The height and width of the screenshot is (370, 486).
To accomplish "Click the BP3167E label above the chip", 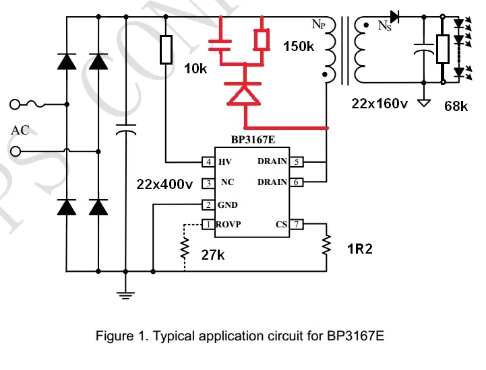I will [252, 140].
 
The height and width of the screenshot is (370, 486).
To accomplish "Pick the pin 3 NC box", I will [208, 183].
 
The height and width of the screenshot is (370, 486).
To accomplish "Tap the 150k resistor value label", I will [298, 47].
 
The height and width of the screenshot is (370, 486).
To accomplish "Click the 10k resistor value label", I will [196, 69].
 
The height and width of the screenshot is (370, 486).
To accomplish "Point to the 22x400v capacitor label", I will [164, 184].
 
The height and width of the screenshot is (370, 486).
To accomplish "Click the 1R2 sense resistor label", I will [360, 250].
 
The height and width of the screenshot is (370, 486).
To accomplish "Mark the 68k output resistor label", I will [456, 106].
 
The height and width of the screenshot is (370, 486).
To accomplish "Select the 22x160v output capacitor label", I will [380, 104].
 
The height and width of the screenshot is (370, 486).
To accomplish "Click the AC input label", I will [20, 130].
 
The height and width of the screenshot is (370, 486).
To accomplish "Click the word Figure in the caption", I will [115, 336].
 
